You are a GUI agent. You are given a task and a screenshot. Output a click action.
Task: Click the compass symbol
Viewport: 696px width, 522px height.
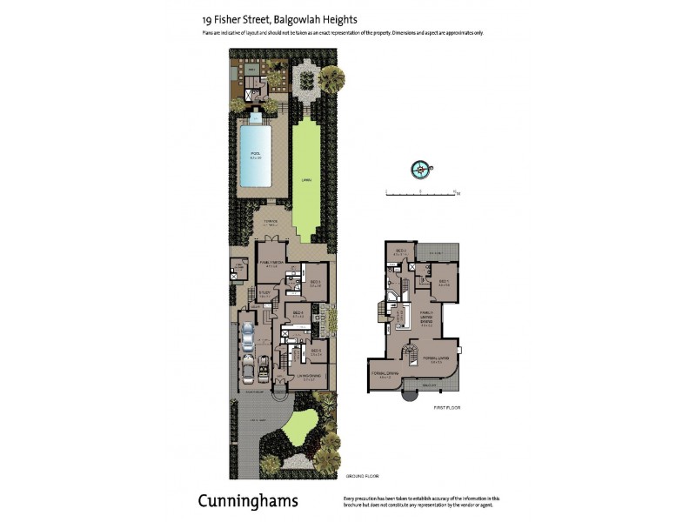[x=421, y=169]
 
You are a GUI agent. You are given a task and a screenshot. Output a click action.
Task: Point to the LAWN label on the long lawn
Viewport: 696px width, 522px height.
[x=306, y=179]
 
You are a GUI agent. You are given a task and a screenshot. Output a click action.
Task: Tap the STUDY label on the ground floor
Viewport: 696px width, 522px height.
[x=264, y=293]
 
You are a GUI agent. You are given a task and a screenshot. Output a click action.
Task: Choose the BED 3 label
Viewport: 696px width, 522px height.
[x=316, y=282]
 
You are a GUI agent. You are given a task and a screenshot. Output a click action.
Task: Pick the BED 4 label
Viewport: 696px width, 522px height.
[x=298, y=312]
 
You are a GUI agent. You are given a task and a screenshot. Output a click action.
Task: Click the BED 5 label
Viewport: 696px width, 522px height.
[x=316, y=351]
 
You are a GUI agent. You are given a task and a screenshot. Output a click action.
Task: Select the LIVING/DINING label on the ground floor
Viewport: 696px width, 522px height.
[x=310, y=375]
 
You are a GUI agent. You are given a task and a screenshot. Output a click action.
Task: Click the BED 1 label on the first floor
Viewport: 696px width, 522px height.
[x=443, y=281]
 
